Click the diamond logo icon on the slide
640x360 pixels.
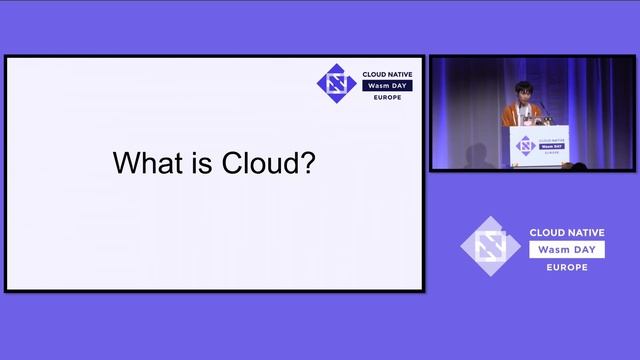(x=335, y=83)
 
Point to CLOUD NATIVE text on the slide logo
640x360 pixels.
(x=387, y=74)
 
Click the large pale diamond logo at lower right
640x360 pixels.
(x=491, y=246)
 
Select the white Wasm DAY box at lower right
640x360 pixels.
(x=567, y=249)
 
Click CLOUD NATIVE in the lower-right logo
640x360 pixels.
(x=567, y=232)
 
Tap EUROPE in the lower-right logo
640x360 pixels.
(x=567, y=268)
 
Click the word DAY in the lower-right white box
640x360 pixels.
(x=587, y=249)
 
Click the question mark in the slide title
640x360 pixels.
(x=309, y=163)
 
